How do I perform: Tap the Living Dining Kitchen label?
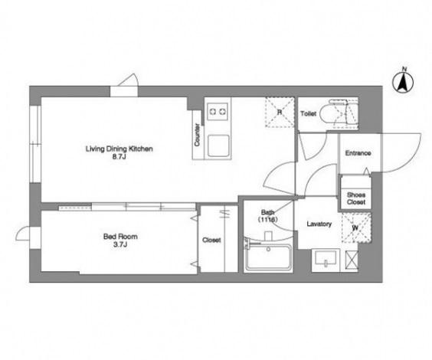tap(119, 149)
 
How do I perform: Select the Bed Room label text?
tap(120, 237)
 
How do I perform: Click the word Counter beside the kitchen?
tap(197, 135)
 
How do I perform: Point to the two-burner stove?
tap(218, 112)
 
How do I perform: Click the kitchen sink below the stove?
tap(218, 146)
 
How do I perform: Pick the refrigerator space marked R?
tap(280, 112)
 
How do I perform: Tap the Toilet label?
tap(308, 113)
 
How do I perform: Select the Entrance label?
tap(358, 153)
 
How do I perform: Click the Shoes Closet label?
tap(356, 198)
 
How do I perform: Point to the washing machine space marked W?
tap(356, 227)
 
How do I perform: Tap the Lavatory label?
tap(319, 224)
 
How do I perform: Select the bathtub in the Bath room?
tap(269, 257)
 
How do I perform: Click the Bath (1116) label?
tap(267, 216)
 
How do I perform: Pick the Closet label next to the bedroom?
tap(211, 241)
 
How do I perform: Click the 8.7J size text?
tap(119, 157)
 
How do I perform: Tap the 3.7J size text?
tap(120, 244)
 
